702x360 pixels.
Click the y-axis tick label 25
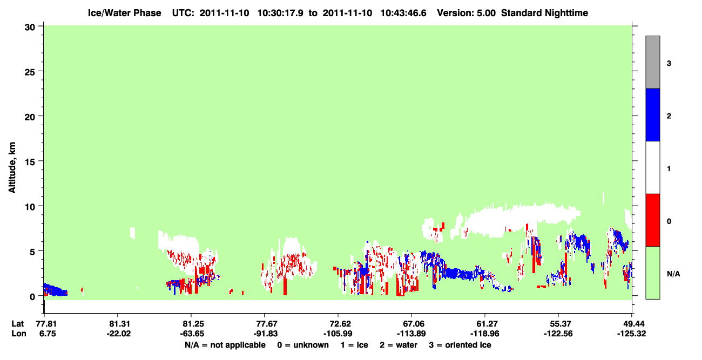click(x=30, y=72)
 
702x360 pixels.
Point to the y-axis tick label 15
click(x=30, y=162)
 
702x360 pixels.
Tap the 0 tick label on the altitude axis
click(x=32, y=297)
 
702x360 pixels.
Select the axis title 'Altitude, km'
click(x=12, y=167)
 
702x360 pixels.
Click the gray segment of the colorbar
click(x=652, y=62)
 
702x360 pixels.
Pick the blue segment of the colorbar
click(x=652, y=114)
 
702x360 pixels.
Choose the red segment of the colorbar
click(x=652, y=220)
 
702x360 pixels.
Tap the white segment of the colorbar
click(x=652, y=167)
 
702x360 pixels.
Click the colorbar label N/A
click(x=673, y=274)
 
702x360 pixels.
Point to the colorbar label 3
click(x=669, y=64)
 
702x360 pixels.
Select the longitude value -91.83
click(x=266, y=334)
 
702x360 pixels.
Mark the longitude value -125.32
click(x=631, y=334)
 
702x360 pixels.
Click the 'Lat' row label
click(x=17, y=324)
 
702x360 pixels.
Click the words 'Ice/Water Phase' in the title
click(x=124, y=13)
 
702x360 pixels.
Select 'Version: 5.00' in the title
click(x=467, y=13)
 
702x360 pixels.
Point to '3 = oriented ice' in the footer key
click(x=460, y=345)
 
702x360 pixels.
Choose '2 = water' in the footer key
click(x=399, y=345)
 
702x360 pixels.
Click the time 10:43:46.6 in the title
click(x=403, y=13)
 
